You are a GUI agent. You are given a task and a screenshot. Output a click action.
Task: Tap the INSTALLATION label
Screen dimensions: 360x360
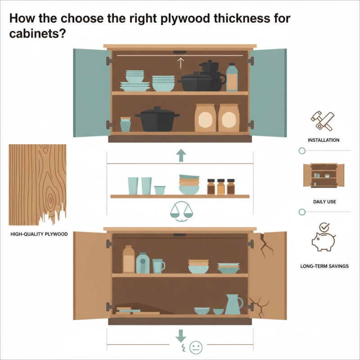[x=324, y=140]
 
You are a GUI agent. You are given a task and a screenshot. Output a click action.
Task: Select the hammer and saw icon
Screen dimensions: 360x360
[x=323, y=121]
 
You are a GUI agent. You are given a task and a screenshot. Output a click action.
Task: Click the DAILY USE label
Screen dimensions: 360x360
[x=324, y=202]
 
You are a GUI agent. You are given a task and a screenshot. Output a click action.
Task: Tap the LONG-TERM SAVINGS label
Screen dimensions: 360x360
[x=324, y=266]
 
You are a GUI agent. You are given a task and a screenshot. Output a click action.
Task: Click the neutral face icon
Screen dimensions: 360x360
[x=195, y=347]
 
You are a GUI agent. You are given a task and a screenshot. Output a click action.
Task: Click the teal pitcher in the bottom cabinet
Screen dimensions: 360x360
[x=233, y=305]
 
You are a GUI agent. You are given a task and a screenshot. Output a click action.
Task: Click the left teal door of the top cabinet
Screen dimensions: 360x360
[x=91, y=92]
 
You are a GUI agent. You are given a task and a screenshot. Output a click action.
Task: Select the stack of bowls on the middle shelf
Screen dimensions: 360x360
[x=189, y=185]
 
